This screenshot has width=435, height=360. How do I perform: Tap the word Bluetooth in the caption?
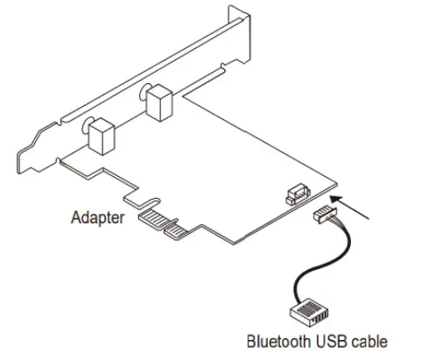point(276,342)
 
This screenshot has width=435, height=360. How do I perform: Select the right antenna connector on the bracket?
point(161,103)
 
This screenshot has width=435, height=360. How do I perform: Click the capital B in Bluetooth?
point(251,342)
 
